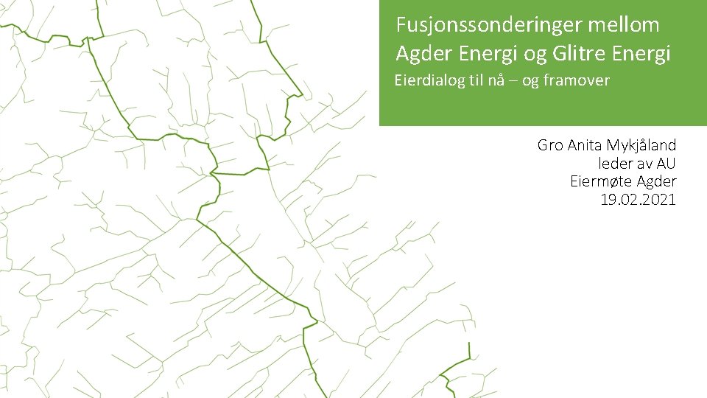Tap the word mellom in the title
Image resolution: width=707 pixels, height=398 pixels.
(624, 26)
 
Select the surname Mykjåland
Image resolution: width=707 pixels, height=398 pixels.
(641, 146)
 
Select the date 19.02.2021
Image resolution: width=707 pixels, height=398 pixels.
(638, 200)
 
